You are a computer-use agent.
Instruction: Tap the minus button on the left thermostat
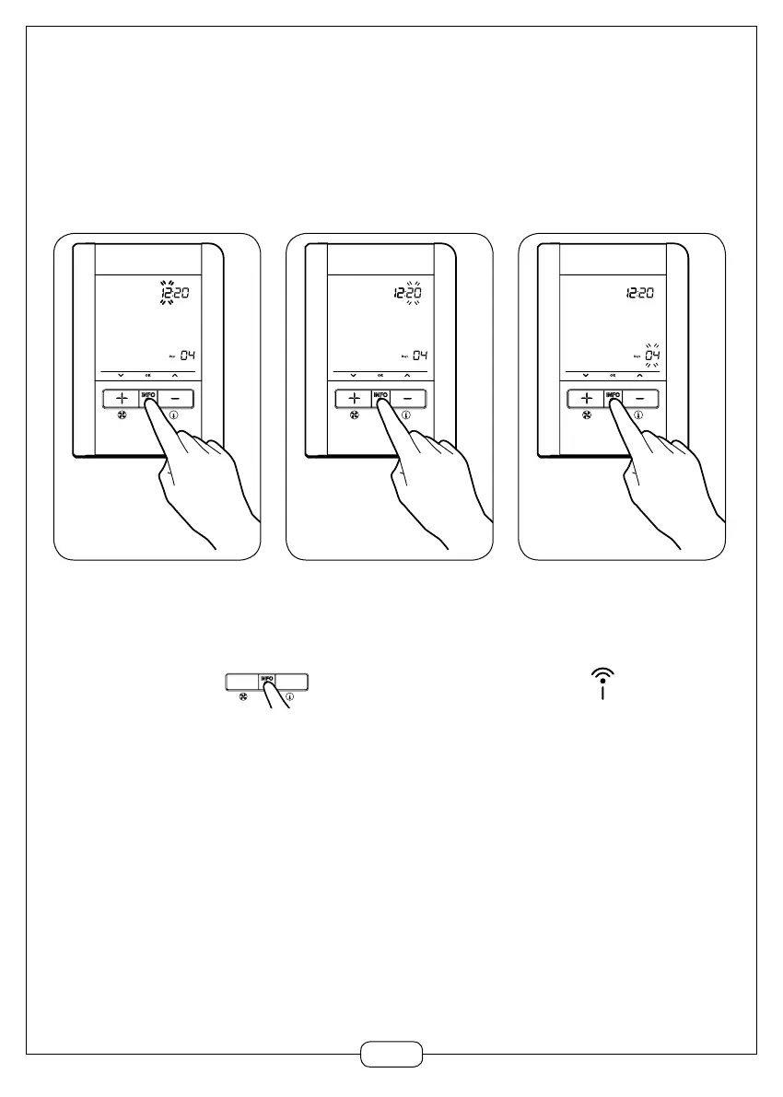(x=180, y=399)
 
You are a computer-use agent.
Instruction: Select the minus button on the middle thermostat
(x=412, y=399)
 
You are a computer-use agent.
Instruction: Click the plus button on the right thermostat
(x=586, y=399)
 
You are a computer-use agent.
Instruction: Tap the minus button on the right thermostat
(x=644, y=399)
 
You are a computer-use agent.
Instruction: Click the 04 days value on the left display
(x=188, y=356)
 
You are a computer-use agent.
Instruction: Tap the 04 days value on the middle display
(x=420, y=356)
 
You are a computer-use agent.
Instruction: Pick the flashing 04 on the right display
(x=652, y=356)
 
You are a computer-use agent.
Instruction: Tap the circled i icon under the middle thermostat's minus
(x=406, y=416)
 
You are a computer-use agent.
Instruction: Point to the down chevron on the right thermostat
(x=585, y=376)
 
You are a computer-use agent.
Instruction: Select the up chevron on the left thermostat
(x=174, y=376)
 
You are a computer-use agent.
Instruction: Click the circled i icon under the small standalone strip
(x=289, y=697)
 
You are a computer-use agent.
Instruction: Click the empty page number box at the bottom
(x=391, y=1054)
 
